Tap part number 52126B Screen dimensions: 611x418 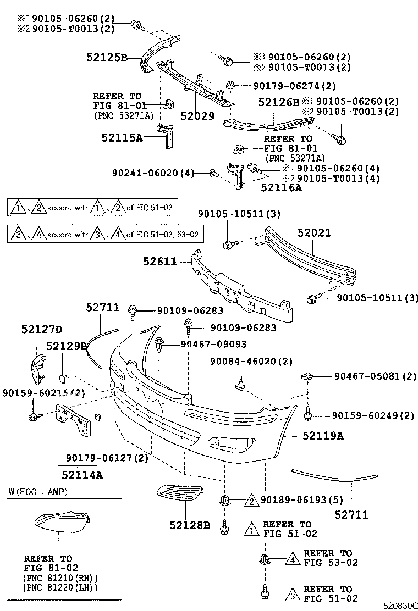(x=279, y=102)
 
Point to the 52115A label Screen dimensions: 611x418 (x=122, y=138)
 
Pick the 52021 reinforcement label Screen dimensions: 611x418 (x=315, y=232)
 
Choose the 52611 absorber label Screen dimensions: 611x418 (x=160, y=263)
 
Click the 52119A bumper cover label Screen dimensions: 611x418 (x=323, y=436)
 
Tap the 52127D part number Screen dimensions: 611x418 (x=42, y=329)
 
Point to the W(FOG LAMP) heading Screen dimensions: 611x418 (x=38, y=492)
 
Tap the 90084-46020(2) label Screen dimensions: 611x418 (x=251, y=361)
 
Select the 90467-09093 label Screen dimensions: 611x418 (x=213, y=344)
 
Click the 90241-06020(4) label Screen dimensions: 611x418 (x=153, y=173)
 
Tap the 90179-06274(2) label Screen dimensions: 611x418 (x=294, y=86)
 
